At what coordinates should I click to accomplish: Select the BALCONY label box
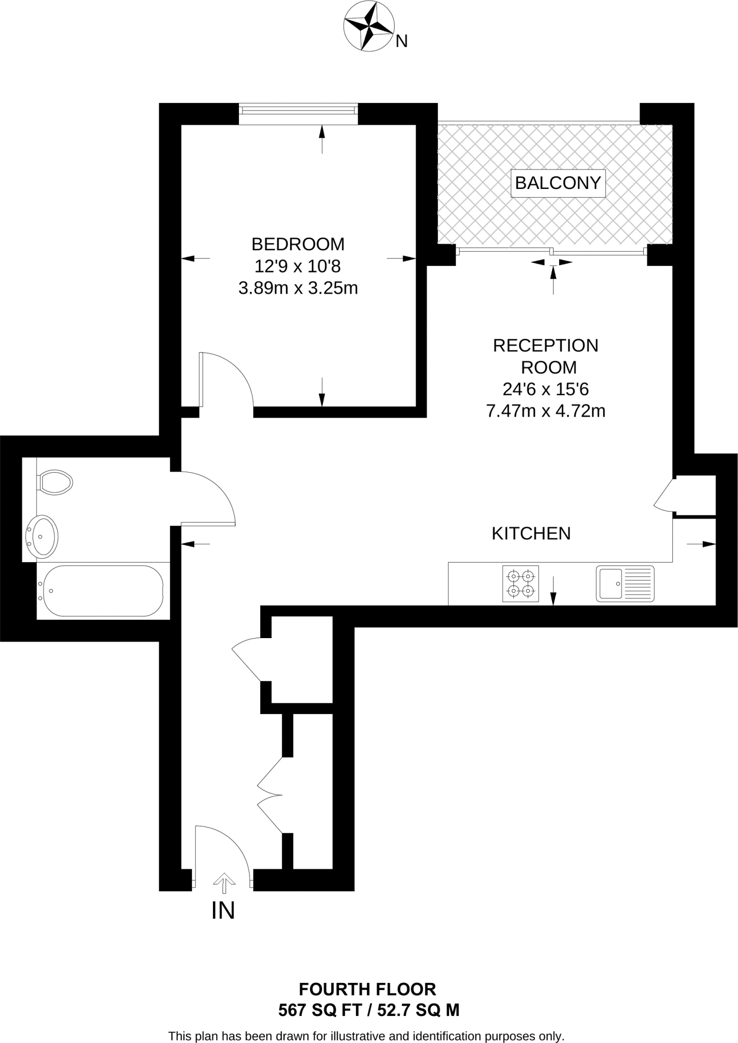pos(558,183)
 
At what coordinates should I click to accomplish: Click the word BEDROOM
pos(298,244)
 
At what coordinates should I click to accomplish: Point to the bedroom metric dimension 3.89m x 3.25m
pos(298,288)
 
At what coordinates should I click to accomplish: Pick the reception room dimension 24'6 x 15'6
pos(545,389)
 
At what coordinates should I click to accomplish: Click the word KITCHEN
pos(531,533)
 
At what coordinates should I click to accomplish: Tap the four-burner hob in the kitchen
pos(521,584)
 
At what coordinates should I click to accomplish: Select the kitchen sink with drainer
pos(625,584)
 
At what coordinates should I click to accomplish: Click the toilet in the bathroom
pos(55,482)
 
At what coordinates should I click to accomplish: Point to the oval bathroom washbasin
pos(43,535)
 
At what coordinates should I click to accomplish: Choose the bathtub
pos(103,591)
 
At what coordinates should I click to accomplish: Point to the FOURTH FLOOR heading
pos(367,989)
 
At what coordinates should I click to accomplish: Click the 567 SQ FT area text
pos(320,1010)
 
